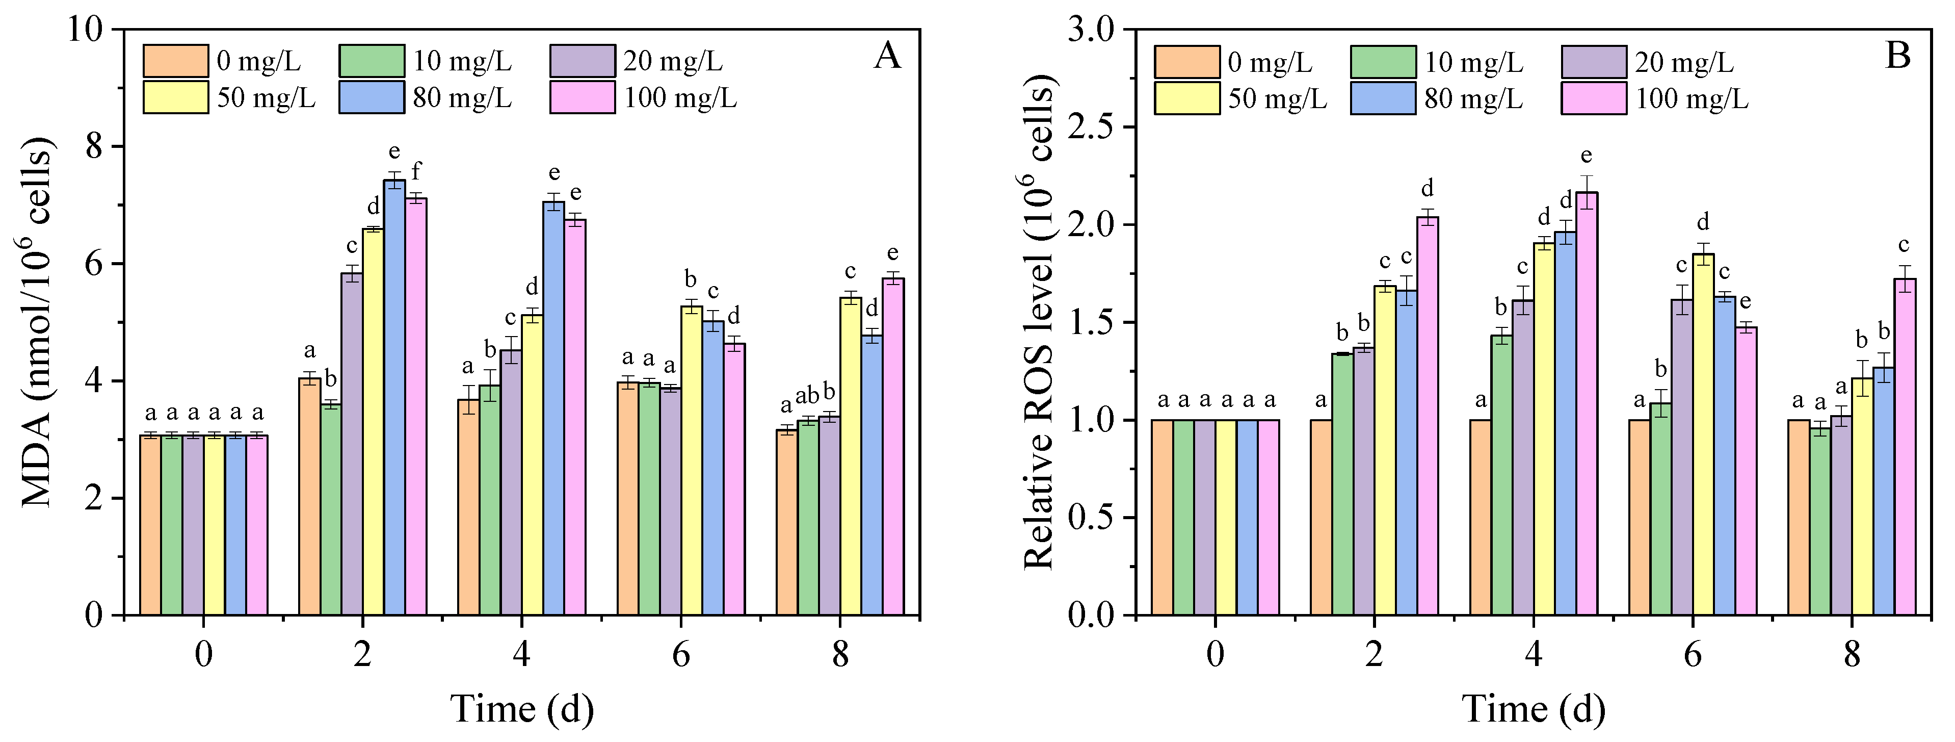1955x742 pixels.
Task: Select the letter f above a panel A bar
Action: click(x=416, y=171)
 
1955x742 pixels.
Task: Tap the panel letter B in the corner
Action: click(x=1897, y=56)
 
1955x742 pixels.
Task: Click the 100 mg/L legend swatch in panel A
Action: click(x=582, y=98)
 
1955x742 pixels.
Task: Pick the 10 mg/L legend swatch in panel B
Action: click(x=1383, y=62)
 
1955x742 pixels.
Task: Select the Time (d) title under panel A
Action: click(x=522, y=708)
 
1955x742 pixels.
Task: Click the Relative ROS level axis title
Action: click(x=1040, y=323)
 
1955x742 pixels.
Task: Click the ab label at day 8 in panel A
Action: click(x=807, y=394)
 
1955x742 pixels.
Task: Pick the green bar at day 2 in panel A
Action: click(x=331, y=509)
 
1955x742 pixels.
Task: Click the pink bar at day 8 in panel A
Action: click(x=893, y=448)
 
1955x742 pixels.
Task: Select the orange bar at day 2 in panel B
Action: click(x=1322, y=517)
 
